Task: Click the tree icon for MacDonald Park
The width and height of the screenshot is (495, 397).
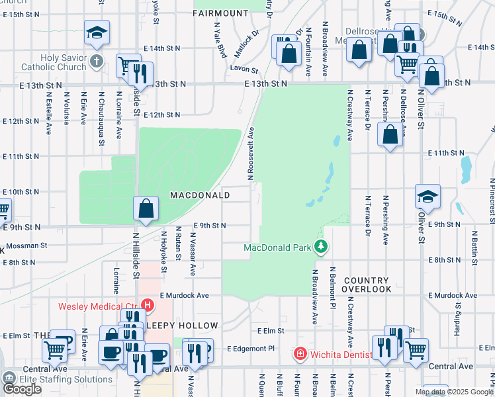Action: tap(322, 247)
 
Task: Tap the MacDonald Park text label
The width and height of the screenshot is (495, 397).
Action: tap(277, 248)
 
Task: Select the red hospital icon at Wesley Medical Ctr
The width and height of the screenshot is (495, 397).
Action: tap(148, 306)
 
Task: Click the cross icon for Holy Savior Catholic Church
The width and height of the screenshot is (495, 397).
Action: tap(97, 62)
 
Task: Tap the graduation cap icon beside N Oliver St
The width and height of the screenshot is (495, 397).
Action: tap(427, 197)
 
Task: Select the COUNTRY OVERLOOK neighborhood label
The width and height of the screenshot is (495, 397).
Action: tap(367, 285)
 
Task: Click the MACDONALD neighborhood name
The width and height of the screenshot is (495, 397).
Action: tap(200, 195)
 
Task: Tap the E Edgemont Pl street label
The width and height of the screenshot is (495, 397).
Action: tap(250, 348)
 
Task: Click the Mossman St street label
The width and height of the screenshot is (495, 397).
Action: tap(27, 245)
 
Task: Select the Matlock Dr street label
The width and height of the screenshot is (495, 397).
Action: tap(245, 44)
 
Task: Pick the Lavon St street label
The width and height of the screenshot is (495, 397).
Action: tap(243, 68)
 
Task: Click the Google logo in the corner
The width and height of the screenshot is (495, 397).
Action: tap(22, 388)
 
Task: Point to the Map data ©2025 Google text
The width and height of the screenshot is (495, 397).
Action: tap(455, 392)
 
